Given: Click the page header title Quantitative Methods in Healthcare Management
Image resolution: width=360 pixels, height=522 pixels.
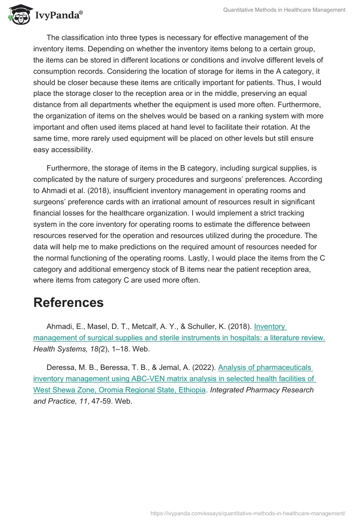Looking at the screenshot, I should pos(284,9).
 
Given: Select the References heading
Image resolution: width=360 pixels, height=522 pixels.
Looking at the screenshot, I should pos(68,302).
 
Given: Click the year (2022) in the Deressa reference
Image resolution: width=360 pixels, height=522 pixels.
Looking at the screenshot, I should pos(203,367).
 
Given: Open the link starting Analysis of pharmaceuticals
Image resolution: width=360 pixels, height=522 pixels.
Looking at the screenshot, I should pos(265,367).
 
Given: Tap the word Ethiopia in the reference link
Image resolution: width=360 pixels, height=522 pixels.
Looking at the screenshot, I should pos(190,390).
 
